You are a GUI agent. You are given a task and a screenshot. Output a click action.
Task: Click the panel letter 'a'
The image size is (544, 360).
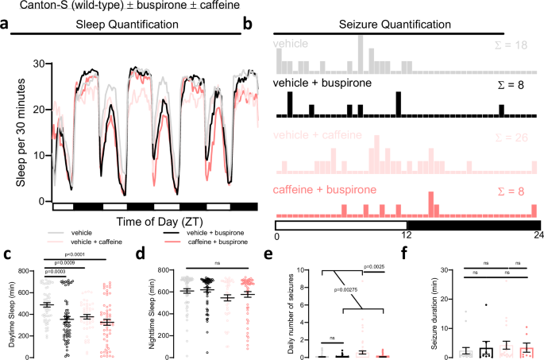(x=6, y=25)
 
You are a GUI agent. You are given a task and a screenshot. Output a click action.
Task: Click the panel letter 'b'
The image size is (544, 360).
(x=247, y=25)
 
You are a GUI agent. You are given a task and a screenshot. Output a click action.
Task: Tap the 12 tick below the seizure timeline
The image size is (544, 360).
(x=407, y=237)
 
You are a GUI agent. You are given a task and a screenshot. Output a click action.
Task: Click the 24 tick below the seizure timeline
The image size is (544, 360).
(x=537, y=237)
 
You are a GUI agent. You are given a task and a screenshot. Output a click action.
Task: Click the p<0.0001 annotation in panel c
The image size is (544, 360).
(x=70, y=255)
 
